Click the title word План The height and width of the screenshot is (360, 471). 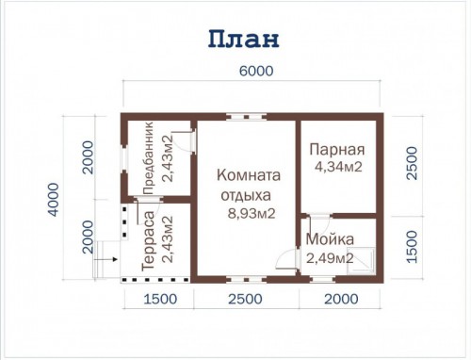(x=244, y=39)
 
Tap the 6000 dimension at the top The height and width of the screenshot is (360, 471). (x=256, y=71)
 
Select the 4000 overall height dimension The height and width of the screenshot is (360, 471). (x=54, y=200)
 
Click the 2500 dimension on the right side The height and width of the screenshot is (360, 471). (x=412, y=163)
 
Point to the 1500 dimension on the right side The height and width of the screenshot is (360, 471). (x=412, y=247)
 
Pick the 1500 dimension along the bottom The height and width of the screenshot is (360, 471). (x=160, y=299)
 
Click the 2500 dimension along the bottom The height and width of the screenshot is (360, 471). (x=245, y=299)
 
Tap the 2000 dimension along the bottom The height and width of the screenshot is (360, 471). (x=341, y=299)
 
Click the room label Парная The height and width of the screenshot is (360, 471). (x=337, y=150)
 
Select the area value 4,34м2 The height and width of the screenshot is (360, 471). (x=338, y=167)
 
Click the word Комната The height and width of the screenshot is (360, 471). (x=249, y=175)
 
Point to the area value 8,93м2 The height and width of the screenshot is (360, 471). (x=252, y=214)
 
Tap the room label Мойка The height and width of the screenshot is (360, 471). (x=330, y=239)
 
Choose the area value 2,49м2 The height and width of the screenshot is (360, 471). (x=330, y=258)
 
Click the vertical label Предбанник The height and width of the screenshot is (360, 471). (x=148, y=158)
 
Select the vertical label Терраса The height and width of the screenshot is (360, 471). (x=149, y=241)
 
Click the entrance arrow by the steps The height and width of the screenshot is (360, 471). (x=106, y=259)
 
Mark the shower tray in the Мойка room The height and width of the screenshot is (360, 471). (x=361, y=261)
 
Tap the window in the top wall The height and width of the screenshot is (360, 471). (x=247, y=117)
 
